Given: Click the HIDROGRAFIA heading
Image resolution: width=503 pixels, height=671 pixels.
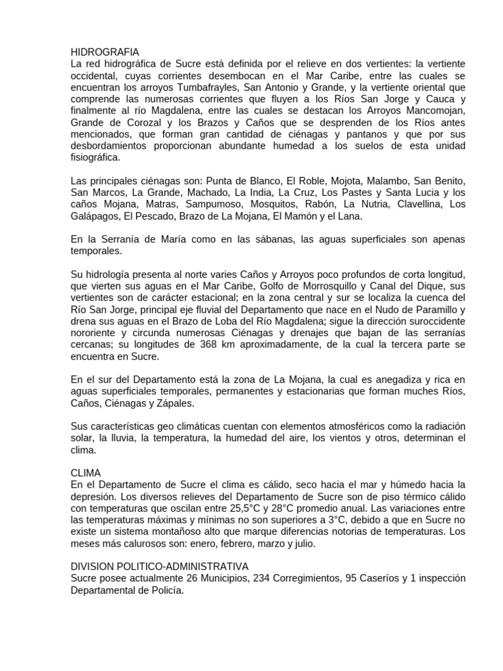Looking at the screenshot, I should coord(105,52).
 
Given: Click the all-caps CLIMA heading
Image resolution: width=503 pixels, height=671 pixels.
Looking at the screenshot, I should coord(86,472).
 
